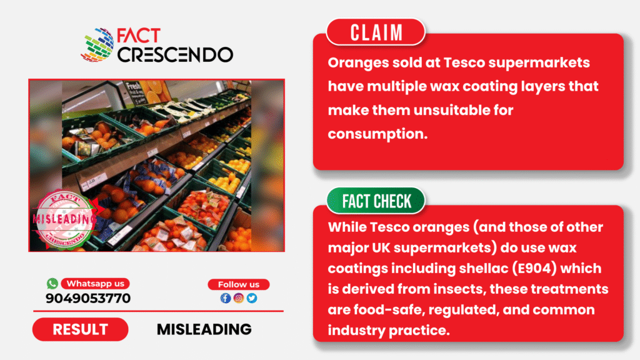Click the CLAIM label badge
tap(376, 32)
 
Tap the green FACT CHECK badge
tap(376, 201)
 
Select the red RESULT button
tap(81, 329)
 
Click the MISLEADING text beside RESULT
tap(204, 329)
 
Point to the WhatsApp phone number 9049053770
tap(88, 298)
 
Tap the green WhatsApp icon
tap(52, 283)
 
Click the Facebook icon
tap(226, 298)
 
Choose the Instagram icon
tap(239, 298)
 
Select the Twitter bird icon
tap(252, 298)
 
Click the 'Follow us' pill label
tap(239, 284)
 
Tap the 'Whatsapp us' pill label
tap(96, 284)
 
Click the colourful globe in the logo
tap(98, 45)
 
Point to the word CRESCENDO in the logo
tap(175, 55)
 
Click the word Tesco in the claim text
tap(464, 63)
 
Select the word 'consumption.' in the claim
tap(377, 134)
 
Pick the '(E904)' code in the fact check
tap(534, 269)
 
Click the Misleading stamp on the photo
tap(65, 219)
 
